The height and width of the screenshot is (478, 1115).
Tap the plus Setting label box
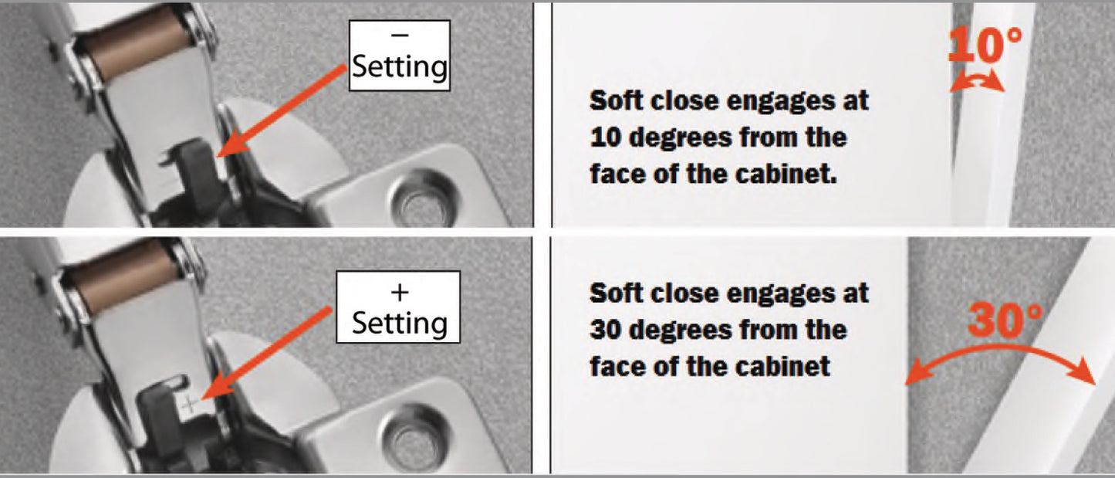point(399,307)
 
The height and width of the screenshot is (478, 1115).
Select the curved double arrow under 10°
point(977,83)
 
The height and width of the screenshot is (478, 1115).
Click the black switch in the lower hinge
point(159,402)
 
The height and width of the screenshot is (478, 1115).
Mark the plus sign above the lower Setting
point(399,292)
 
